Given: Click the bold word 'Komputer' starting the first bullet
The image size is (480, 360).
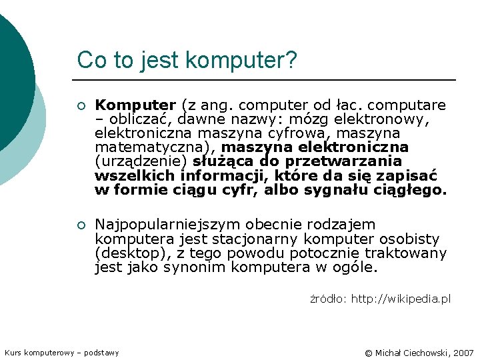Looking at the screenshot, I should pos(135,105).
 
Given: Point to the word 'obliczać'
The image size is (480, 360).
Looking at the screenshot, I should pos(133,119).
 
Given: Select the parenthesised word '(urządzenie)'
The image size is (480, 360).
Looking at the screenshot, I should pos(142,161).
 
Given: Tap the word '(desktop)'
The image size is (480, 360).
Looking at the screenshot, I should pos(129,253).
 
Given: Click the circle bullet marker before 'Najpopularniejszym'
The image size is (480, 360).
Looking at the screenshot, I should pos(81,225).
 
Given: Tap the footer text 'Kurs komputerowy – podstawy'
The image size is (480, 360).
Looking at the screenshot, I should pos(62,353).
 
